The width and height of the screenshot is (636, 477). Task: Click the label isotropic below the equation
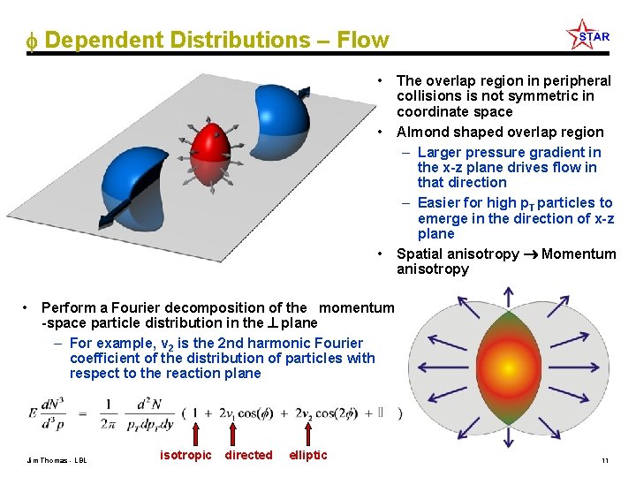coord(185,455)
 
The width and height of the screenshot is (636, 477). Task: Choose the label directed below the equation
coord(249,455)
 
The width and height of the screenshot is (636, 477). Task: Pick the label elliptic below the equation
coord(308,455)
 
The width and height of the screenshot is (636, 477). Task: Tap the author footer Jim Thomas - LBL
coord(56,460)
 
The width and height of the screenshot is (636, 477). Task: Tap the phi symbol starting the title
coord(31,42)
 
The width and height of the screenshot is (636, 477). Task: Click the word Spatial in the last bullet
coord(421,254)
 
